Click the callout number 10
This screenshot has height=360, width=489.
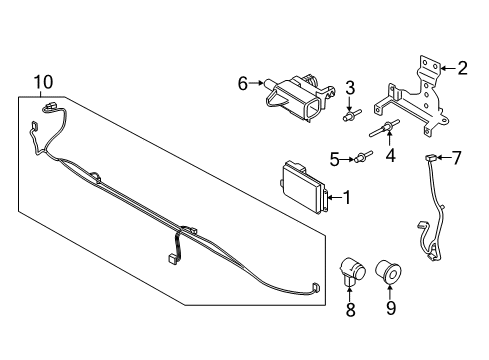tap(41, 81)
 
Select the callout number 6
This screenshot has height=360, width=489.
tap(243, 86)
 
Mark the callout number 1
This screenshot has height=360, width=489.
tap(346, 198)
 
